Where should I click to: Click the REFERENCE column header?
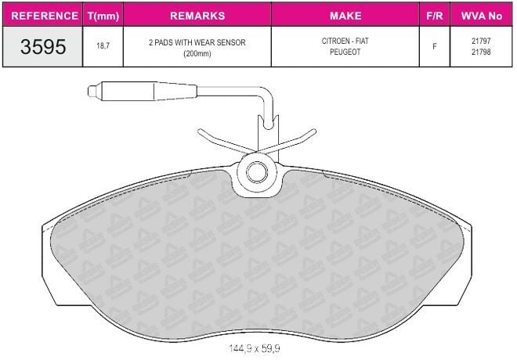coord(45,16)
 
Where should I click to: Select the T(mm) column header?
coord(103,16)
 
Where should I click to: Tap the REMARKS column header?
coord(197,16)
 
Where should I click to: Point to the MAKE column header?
coord(345,16)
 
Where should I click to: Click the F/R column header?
coord(435,16)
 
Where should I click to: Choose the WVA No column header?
coord(482,16)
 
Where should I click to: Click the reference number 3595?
coord(43,46)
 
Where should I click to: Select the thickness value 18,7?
coord(103,45)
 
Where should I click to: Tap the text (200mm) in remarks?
coord(197,53)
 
